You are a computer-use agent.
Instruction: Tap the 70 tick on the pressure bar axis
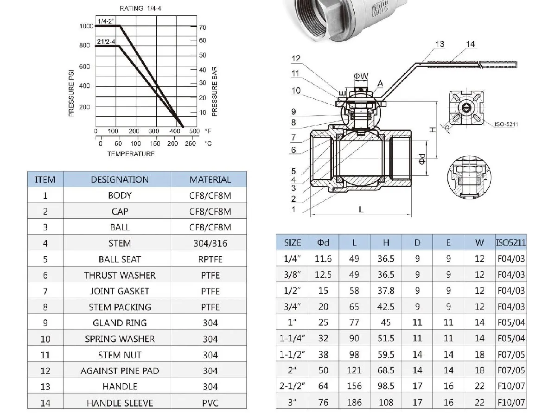coord(203,28)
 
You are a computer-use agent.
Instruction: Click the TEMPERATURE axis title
coord(131,153)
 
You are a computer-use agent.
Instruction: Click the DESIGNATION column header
coord(120,179)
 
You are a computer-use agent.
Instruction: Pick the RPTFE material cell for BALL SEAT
coord(210,259)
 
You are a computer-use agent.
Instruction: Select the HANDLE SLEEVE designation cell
coord(120,403)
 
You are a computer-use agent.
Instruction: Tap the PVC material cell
coord(210,403)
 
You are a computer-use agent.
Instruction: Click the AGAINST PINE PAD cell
coord(120,371)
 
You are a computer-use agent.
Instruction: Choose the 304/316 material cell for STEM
coord(210,243)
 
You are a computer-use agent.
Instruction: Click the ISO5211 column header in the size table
coord(511,242)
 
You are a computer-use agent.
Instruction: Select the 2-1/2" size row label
coord(292,386)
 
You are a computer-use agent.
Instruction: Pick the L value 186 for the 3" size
coord(354,402)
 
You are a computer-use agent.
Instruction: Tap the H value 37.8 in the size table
coord(386,291)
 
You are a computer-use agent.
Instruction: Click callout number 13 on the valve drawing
coord(440,44)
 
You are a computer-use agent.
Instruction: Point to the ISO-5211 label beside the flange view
coord(506,124)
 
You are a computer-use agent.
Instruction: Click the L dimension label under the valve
coord(361,210)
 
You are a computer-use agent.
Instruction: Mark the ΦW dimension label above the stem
coord(361,76)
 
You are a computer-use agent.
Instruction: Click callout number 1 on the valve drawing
coord(293,209)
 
